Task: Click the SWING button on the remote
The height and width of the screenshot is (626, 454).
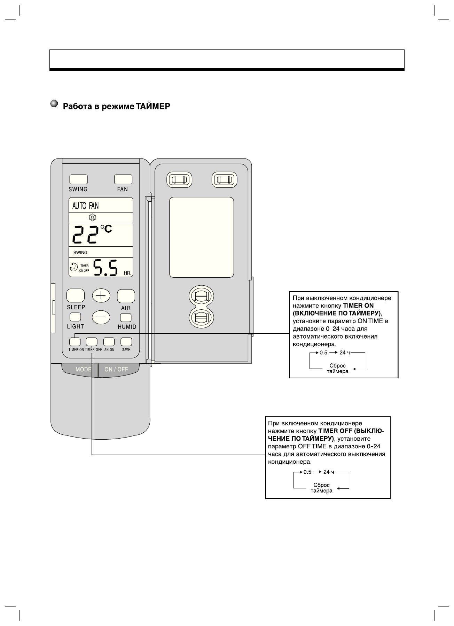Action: [78, 179]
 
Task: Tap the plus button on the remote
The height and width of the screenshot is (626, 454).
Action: [101, 296]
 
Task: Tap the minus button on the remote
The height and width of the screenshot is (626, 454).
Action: [101, 317]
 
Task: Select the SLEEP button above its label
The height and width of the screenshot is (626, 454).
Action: [76, 295]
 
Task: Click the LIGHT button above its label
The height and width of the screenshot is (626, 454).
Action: [75, 317]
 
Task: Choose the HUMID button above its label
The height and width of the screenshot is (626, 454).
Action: [126, 318]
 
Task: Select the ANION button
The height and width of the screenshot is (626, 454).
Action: [109, 341]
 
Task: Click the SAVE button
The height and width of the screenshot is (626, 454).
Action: [126, 341]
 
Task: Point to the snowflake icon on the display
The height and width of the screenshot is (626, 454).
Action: [93, 218]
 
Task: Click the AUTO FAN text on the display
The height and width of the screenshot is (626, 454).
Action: [85, 206]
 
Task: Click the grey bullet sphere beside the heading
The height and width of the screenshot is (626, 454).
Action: [54, 104]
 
